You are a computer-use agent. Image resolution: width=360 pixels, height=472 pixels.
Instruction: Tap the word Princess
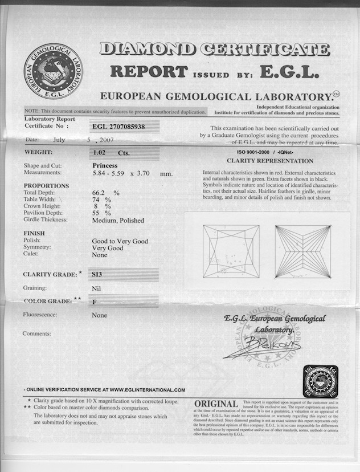pos(105,165)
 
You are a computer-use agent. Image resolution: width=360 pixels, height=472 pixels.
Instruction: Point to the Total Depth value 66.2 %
pos(105,193)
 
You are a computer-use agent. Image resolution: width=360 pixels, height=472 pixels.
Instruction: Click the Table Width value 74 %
pos(101,200)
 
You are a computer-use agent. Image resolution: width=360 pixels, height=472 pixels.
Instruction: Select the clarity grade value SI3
pos(97,274)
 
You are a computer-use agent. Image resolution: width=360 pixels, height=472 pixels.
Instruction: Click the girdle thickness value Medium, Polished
pos(118,220)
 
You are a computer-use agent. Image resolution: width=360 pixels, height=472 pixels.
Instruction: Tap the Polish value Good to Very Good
pos(120,241)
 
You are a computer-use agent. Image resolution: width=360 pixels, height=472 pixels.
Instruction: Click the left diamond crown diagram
pos(231,251)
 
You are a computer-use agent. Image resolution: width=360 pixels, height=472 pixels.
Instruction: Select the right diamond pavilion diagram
pos(302,251)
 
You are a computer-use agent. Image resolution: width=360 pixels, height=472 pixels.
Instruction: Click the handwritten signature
pos(261,347)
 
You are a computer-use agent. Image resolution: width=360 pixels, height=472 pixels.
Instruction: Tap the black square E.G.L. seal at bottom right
pos(320,381)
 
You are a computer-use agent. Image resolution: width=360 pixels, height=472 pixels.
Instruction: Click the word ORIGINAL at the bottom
pos(216,404)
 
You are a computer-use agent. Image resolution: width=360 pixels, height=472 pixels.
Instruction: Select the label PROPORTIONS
pos(46,186)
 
